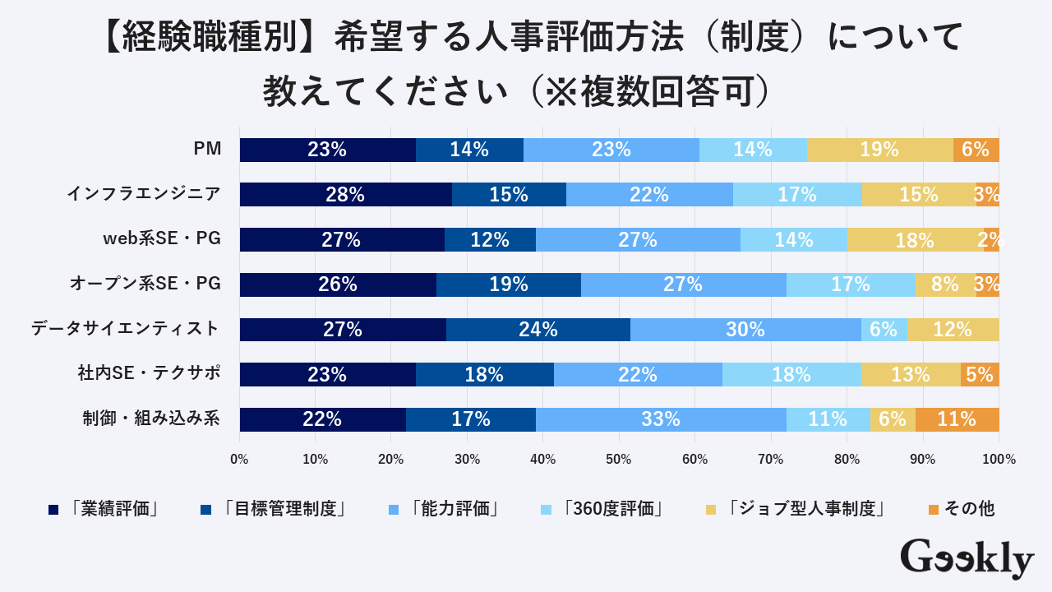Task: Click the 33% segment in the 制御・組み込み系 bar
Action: pos(661,419)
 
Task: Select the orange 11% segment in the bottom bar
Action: pos(957,419)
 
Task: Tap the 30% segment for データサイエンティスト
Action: pos(745,329)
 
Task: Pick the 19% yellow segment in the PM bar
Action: pos(879,150)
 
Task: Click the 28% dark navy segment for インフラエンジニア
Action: pos(345,195)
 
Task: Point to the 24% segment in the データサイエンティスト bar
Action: pos(538,329)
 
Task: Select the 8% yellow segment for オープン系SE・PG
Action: pos(945,284)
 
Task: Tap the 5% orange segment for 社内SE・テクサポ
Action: pos(980,374)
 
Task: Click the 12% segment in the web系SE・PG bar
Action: pos(489,239)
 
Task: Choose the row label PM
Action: pos(207,149)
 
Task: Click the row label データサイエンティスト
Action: pos(126,329)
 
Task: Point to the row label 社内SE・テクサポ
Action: pos(149,373)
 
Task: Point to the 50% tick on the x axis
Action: pos(619,460)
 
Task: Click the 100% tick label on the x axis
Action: pos(999,460)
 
